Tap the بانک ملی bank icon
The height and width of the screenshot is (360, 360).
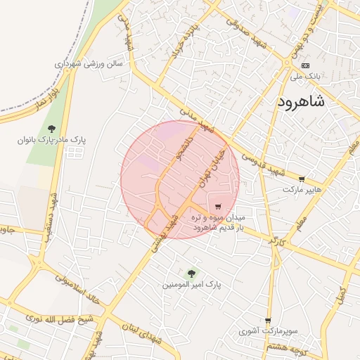coord(305,65)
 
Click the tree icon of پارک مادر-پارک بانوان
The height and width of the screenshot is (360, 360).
coord(52,128)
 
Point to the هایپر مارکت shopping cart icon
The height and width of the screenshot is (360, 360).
coord(302,179)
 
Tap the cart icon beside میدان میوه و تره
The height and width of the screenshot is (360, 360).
coord(218,207)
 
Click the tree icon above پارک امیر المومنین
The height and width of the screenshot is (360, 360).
coord(191,273)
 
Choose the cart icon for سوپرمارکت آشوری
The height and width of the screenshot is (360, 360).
coord(268,320)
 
